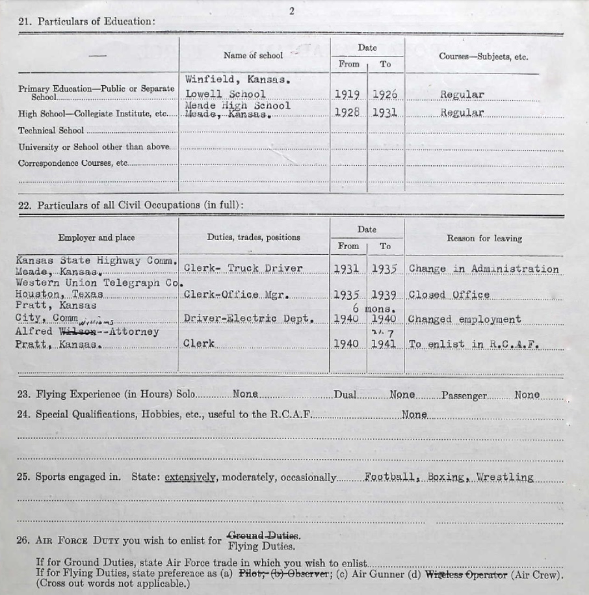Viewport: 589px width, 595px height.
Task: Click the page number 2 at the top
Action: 292,10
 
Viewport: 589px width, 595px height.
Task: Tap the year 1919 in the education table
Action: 348,94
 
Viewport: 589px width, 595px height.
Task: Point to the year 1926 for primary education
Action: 385,94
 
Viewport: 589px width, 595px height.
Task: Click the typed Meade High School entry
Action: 237,105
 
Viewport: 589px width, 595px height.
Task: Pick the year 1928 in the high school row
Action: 348,112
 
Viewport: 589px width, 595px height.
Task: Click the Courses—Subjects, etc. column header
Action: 483,57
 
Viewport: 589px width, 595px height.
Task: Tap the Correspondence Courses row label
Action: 72,164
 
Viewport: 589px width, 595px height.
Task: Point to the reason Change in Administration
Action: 483,269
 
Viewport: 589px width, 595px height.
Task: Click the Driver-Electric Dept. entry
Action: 249,319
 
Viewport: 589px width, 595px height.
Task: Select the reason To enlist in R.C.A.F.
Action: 474,344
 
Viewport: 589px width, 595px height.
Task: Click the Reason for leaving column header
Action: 484,239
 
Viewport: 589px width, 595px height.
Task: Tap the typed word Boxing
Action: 445,477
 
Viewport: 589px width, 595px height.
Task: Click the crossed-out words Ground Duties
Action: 263,536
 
